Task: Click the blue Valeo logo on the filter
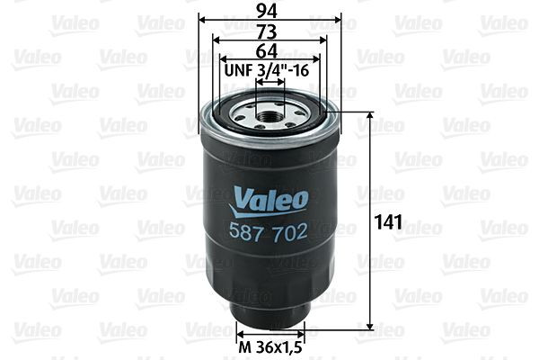[x=270, y=195]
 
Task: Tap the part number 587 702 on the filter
[x=270, y=232]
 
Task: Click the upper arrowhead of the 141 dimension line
[x=371, y=116]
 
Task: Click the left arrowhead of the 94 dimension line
[x=200, y=19]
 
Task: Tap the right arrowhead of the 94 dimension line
[x=340, y=19]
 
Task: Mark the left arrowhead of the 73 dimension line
[x=216, y=40]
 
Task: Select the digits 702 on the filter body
[x=290, y=232]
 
